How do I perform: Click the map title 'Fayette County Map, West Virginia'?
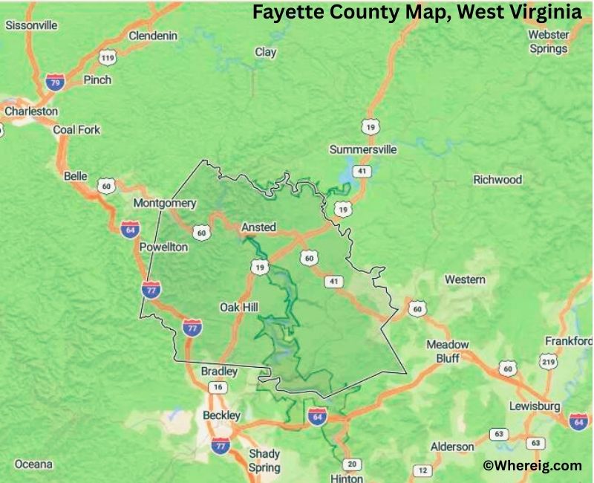(416, 13)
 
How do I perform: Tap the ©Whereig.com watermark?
(532, 466)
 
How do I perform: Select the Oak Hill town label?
(240, 307)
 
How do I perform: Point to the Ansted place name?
(258, 227)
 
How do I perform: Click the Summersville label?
(363, 150)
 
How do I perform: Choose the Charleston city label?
(30, 111)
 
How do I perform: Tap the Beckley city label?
(221, 415)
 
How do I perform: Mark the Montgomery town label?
(164, 203)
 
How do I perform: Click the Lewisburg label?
(535, 406)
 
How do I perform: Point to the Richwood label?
(497, 180)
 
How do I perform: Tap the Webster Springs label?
(548, 42)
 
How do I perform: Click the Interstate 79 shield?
(54, 82)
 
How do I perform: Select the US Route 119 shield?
(108, 57)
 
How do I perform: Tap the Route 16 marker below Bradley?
(218, 387)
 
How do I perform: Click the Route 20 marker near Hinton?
(354, 465)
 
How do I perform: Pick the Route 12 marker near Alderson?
(422, 470)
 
